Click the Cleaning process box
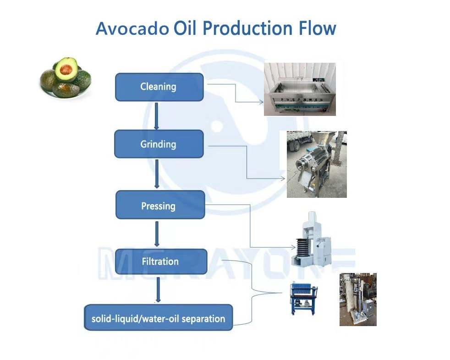(159, 87)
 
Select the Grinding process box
(159, 144)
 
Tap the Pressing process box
(160, 205)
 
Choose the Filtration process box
(161, 262)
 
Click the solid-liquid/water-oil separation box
(158, 317)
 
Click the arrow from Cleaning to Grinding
(156, 116)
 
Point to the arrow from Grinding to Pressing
(157, 174)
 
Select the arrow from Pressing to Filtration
(157, 234)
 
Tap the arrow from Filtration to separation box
(158, 290)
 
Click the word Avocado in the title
(132, 28)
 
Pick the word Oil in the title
(185, 28)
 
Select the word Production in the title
(247, 28)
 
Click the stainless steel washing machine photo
(300, 89)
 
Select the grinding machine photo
(317, 164)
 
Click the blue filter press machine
(304, 298)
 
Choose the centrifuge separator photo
(358, 300)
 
